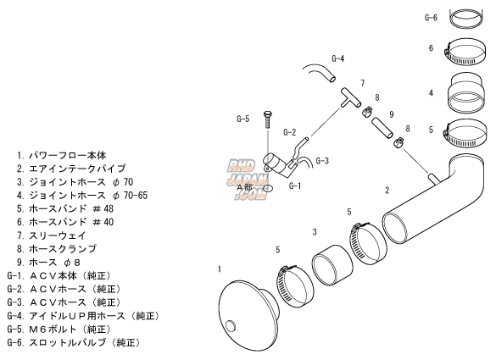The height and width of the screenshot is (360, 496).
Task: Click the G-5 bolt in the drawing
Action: click(x=267, y=119)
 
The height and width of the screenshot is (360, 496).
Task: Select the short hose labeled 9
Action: click(x=382, y=128)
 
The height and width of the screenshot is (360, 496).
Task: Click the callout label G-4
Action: click(x=337, y=58)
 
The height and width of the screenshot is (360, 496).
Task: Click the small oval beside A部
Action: click(x=268, y=188)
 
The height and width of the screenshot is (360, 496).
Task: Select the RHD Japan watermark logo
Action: click(x=246, y=179)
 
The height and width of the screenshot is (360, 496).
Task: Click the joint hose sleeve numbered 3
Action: click(x=332, y=265)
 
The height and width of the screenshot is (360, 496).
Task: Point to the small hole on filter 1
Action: click(x=231, y=325)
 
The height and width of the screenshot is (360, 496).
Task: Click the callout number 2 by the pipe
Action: click(x=387, y=191)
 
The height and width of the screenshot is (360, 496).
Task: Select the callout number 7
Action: click(x=363, y=83)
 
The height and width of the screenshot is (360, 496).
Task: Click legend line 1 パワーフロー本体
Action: click(x=62, y=155)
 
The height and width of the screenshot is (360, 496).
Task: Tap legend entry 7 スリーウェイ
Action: click(x=51, y=235)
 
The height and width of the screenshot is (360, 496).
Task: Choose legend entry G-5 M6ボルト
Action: click(x=59, y=329)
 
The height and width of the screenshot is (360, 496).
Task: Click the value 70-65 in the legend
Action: click(x=136, y=196)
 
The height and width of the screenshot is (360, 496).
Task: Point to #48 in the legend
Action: click(x=103, y=208)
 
